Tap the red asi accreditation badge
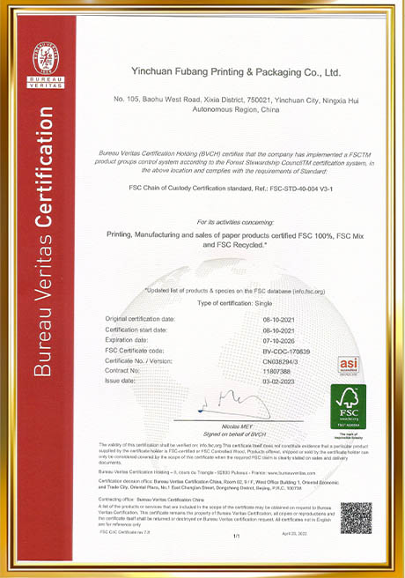(x=349, y=365)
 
